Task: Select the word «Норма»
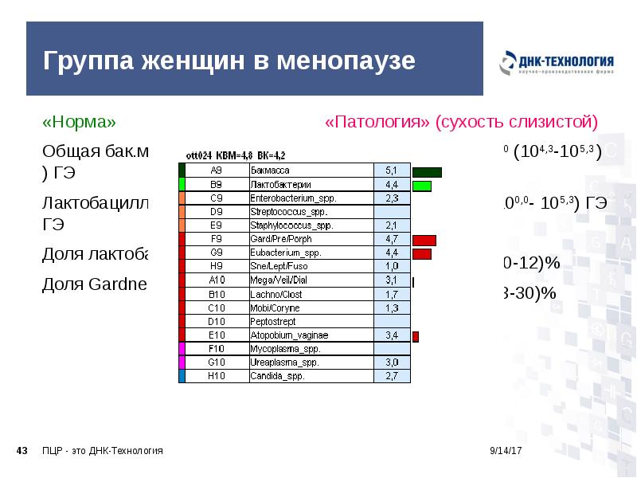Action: click(x=79, y=123)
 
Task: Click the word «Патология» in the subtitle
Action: click(x=377, y=123)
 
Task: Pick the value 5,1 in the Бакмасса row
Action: click(x=391, y=170)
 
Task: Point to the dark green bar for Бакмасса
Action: click(x=427, y=171)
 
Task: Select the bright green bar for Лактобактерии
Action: click(x=422, y=186)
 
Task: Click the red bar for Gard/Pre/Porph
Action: click(x=424, y=240)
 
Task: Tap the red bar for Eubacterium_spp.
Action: click(x=422, y=253)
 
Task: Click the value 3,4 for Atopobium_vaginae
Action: click(x=391, y=335)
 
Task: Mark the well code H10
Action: click(x=217, y=376)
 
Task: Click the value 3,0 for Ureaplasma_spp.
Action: click(x=391, y=362)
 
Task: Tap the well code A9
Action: click(x=217, y=170)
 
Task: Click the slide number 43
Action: click(x=22, y=451)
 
